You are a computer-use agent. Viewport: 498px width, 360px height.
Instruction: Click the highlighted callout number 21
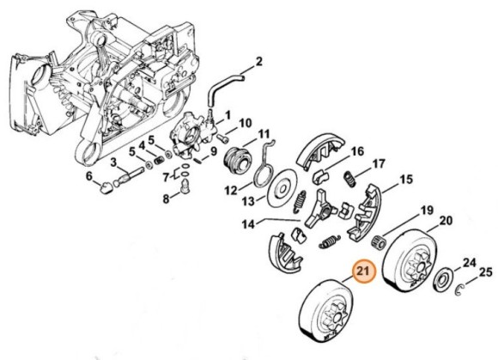(362, 274)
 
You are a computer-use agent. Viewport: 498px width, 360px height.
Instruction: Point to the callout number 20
(446, 223)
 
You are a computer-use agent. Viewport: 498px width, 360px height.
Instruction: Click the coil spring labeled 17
(349, 178)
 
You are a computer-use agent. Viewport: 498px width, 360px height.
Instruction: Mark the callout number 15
(406, 180)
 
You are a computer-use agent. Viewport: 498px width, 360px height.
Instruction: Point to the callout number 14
(248, 225)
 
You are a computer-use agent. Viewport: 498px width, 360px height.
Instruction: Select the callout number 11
(264, 134)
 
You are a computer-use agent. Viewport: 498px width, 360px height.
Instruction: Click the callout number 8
(167, 200)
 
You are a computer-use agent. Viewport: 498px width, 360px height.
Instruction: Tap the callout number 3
(114, 162)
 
